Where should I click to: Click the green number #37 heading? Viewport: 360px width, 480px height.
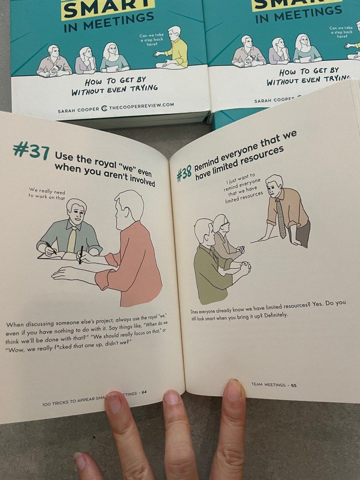31,150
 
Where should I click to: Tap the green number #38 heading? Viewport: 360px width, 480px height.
184,174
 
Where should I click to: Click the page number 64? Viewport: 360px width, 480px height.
144,392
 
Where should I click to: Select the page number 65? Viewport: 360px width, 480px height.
294,385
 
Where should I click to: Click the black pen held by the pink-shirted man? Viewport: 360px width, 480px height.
81,255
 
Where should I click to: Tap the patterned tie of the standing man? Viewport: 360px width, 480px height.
281,218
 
